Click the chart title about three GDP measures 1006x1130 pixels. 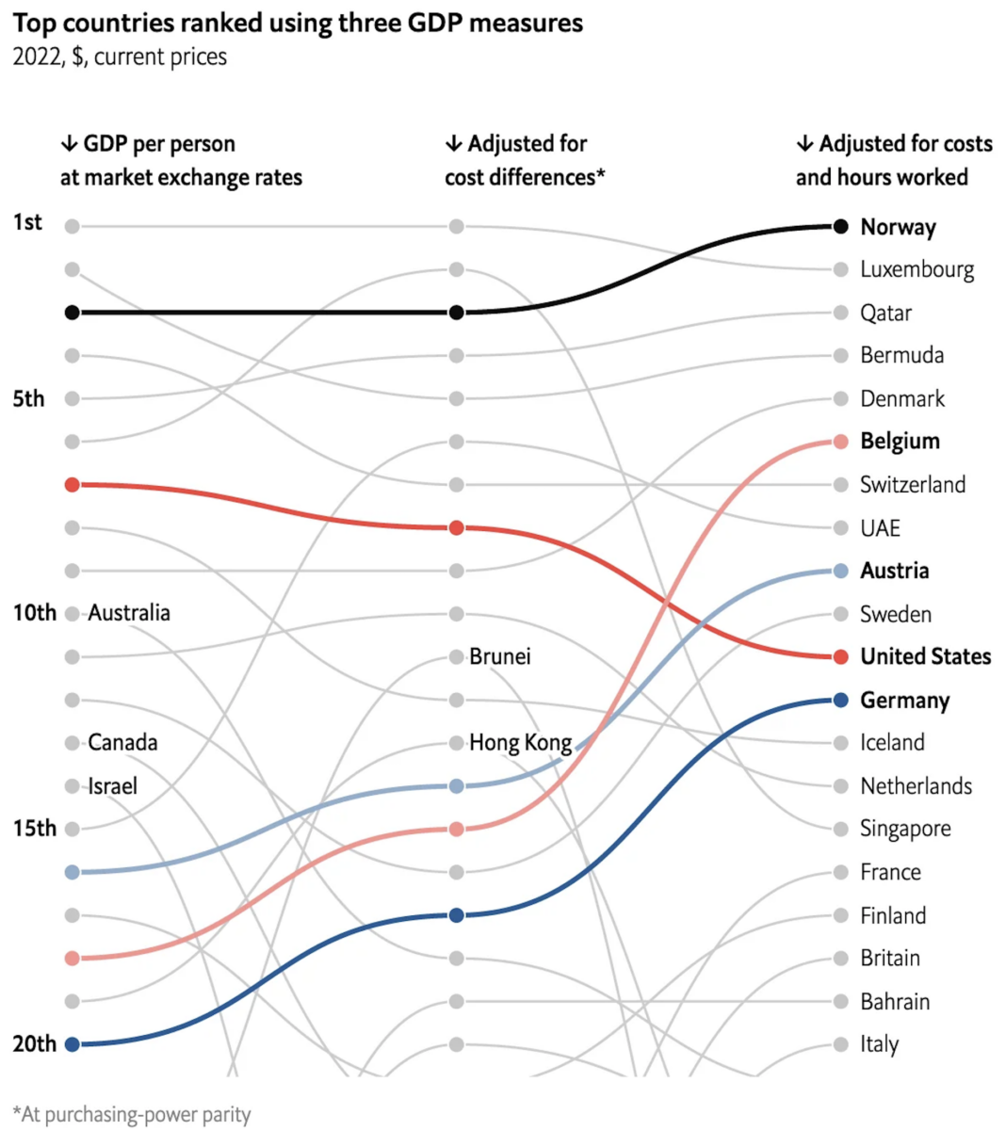[x=298, y=23]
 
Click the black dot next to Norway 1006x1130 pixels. [x=840, y=226]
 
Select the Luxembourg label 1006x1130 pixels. [x=917, y=269]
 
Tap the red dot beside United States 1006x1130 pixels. [x=840, y=656]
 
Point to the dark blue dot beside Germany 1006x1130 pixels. [x=840, y=700]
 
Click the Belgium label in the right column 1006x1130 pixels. [x=900, y=441]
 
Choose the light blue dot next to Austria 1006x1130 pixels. [x=840, y=571]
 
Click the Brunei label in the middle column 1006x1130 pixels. [x=500, y=656]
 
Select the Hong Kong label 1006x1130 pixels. [x=521, y=743]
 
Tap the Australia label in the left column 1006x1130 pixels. [x=129, y=613]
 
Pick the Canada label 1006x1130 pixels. [x=122, y=743]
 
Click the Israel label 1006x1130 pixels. [x=113, y=786]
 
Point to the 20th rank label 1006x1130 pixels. [x=34, y=1043]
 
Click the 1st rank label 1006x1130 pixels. [x=27, y=222]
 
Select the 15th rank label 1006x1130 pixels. [x=34, y=829]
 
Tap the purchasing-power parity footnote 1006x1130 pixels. [x=132, y=1115]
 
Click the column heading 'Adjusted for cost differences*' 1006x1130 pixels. [x=525, y=160]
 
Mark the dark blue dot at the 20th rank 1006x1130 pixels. [x=73, y=1043]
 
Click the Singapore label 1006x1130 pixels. [x=905, y=829]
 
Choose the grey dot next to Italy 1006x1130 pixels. [x=840, y=1043]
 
